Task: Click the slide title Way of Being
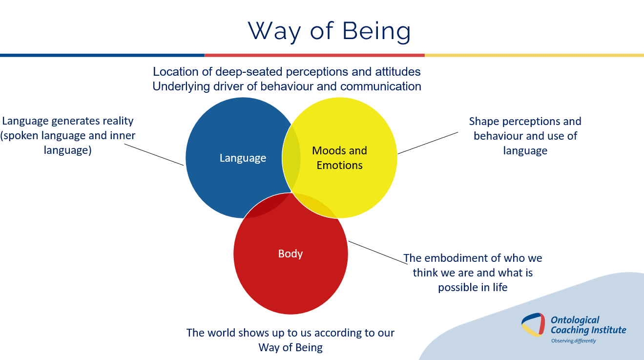(330, 31)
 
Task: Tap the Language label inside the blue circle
(243, 158)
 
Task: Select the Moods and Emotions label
(339, 158)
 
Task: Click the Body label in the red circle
(291, 254)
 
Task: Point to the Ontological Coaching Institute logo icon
(533, 324)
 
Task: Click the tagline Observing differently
(573, 341)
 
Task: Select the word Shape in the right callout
(483, 121)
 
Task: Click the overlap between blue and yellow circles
(291, 156)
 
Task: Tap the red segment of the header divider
(314, 55)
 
